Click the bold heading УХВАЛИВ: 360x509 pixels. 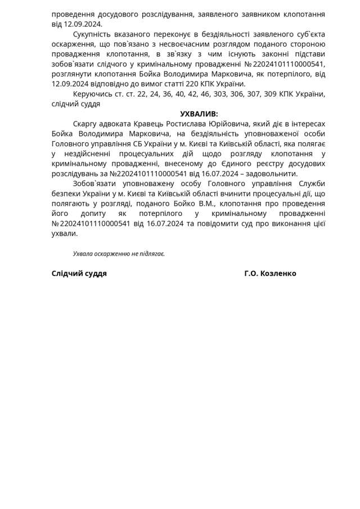[199, 114]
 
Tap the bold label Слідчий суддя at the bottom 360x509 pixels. [79, 273]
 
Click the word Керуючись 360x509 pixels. [91, 93]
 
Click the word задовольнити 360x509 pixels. [273, 173]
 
